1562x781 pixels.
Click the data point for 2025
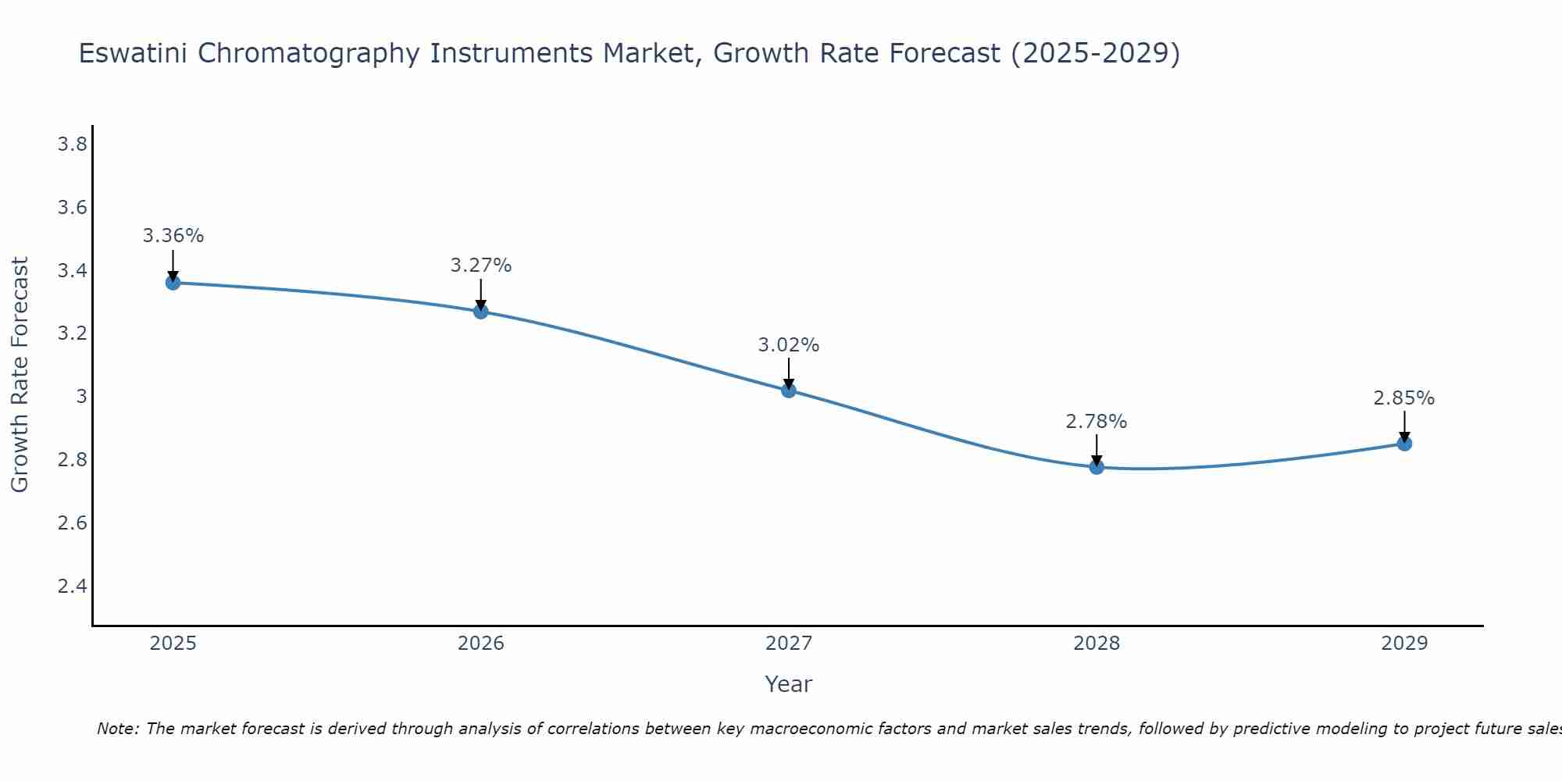click(x=173, y=283)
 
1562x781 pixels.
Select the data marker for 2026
click(x=481, y=312)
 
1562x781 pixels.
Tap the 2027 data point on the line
click(x=789, y=390)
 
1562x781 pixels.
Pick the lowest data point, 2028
click(x=1097, y=467)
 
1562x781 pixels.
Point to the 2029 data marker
click(x=1404, y=444)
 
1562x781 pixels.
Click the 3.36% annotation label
click(x=173, y=236)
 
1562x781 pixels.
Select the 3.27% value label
click(x=481, y=266)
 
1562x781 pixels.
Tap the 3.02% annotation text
click(x=789, y=345)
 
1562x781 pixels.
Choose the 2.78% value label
click(x=1097, y=422)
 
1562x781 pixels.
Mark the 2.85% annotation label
click(x=1404, y=398)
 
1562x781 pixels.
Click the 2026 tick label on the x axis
click(x=481, y=644)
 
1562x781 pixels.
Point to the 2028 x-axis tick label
click(x=1097, y=644)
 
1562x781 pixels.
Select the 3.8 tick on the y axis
click(x=72, y=144)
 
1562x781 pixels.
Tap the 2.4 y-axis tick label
click(x=72, y=586)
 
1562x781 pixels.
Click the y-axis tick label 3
click(x=81, y=397)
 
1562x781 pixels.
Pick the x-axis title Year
click(x=789, y=684)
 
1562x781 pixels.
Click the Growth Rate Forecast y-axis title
click(x=20, y=375)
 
